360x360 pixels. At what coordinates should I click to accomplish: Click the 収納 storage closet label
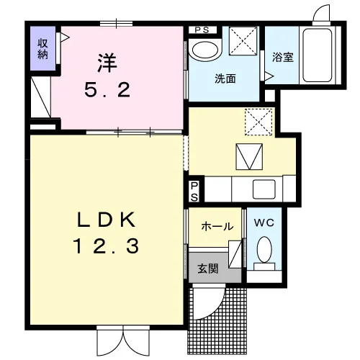pos(42,49)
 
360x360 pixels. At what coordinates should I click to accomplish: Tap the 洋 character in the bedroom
pos(107,63)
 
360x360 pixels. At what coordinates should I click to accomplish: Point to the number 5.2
pos(107,89)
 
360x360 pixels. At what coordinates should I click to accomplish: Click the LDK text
pos(106,220)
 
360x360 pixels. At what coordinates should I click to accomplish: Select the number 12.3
pos(107,246)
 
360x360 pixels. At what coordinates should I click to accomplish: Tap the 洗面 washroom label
pos(225,78)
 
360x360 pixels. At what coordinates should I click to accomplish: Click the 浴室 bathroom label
pos(283,57)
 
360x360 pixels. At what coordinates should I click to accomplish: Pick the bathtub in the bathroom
pos(318,55)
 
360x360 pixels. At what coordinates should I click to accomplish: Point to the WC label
pos(264,223)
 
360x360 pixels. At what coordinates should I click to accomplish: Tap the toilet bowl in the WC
pos(264,250)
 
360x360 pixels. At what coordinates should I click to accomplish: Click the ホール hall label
pos(217,226)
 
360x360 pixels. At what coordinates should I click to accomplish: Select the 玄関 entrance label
pos(208,269)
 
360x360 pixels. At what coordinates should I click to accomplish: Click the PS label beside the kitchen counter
pos(194,192)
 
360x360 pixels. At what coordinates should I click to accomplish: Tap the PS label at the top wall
pos(202,30)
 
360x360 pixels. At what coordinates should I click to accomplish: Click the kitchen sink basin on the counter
pos(264,189)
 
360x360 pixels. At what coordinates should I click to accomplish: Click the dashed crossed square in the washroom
pos(243,41)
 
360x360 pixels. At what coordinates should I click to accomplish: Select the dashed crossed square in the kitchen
pos(258,122)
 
